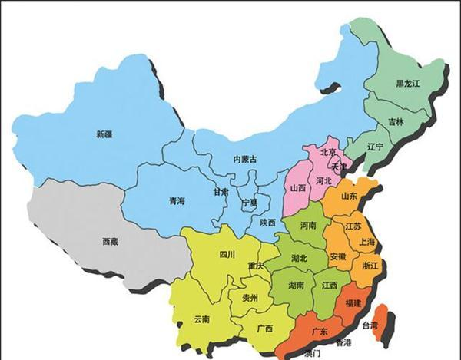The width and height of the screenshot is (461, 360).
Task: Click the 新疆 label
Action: [x=104, y=135]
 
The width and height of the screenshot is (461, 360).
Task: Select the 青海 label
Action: [x=176, y=200]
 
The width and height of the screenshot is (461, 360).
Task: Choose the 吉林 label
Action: [x=396, y=121]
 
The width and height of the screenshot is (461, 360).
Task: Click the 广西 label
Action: [x=265, y=329]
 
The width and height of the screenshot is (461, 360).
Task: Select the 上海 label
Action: [x=365, y=242]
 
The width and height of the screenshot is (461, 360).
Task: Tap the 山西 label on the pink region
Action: [x=298, y=187]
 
